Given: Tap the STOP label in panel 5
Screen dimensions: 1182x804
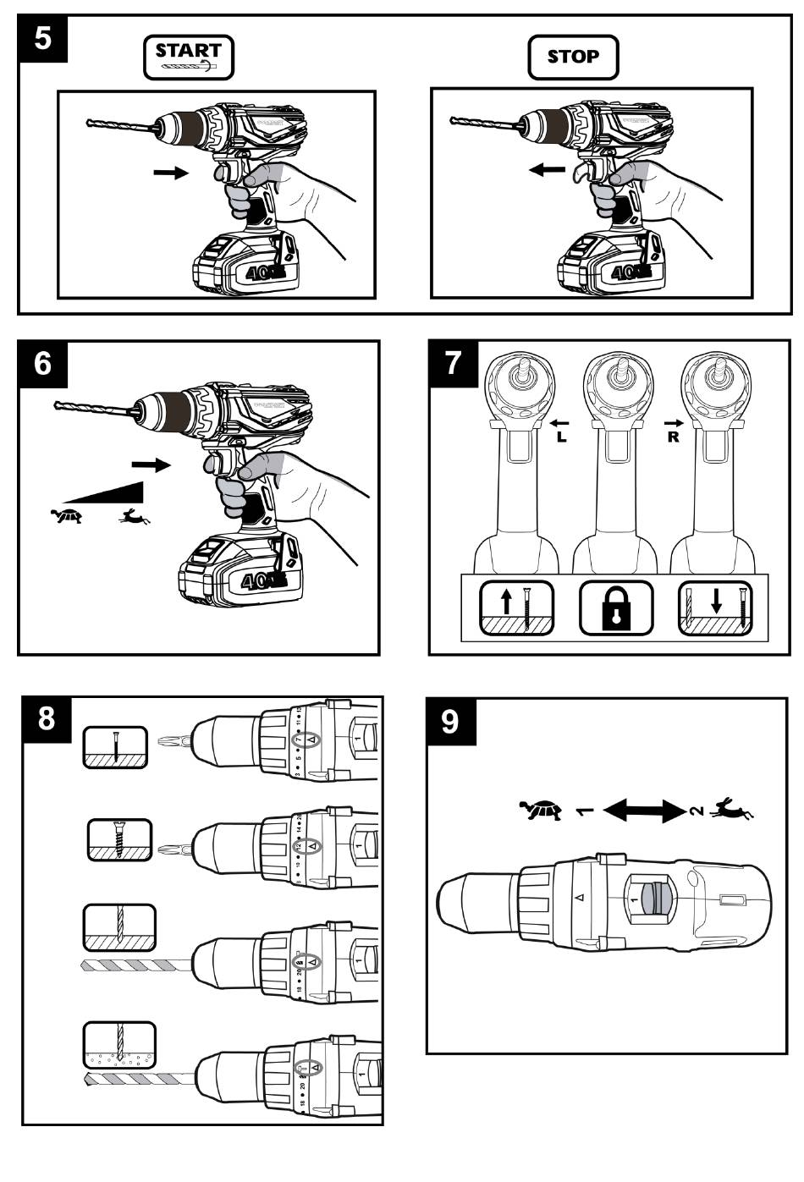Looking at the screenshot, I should (573, 57).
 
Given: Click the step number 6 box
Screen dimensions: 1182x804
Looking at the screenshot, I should (42, 365).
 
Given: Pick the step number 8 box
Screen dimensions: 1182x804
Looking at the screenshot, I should (47, 719).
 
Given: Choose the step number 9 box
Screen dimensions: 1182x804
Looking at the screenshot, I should (450, 722).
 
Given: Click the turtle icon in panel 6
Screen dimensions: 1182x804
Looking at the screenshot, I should (66, 514).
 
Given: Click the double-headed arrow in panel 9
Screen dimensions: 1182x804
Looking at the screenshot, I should (643, 811).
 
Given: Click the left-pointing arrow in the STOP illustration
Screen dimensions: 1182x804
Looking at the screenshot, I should (548, 169).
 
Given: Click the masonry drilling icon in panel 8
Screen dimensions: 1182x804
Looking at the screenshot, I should (119, 1045).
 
